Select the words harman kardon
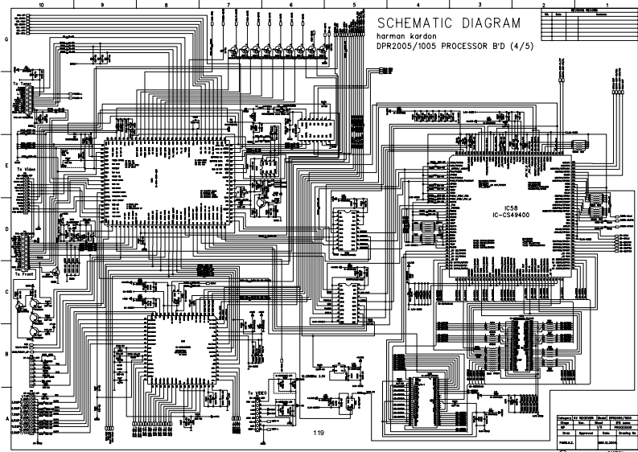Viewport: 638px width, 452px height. pos(402,35)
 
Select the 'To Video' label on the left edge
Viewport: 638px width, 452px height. pos(23,170)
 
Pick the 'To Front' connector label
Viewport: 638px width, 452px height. pos(23,274)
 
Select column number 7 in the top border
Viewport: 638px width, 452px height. pos(228,4)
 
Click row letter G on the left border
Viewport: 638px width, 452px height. pos(7,39)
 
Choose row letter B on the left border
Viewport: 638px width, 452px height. pos(7,354)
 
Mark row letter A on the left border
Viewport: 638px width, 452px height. pos(7,418)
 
